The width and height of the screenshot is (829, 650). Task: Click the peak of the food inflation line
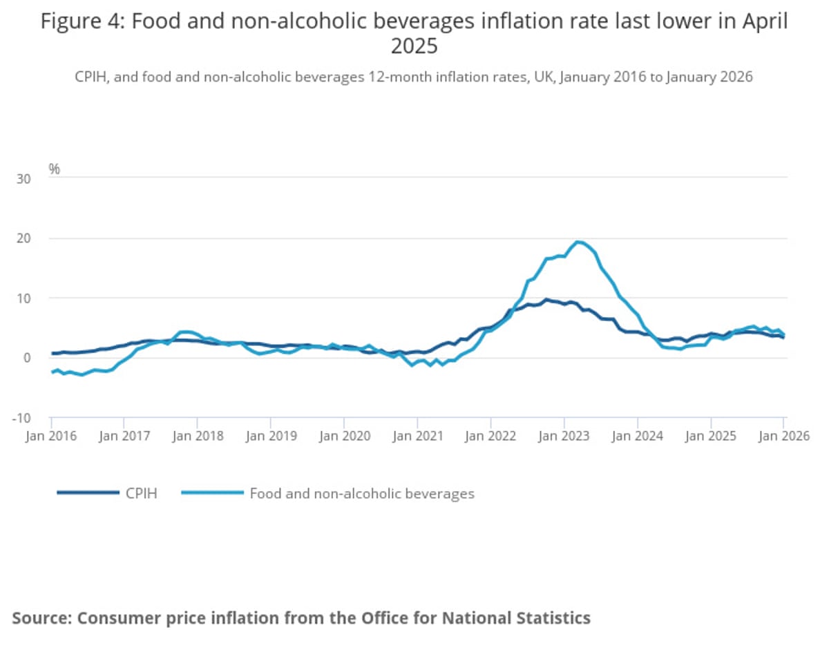[x=578, y=242]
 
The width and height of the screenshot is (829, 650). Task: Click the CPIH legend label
[x=141, y=493]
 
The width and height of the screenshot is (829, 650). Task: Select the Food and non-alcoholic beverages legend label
[x=361, y=493]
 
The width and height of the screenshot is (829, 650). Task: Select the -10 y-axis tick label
[x=21, y=417]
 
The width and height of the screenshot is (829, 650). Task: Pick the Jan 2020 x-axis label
[x=343, y=436]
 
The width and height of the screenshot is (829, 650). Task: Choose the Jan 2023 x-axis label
[x=564, y=436]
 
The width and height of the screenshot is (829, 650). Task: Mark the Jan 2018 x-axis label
[x=197, y=436]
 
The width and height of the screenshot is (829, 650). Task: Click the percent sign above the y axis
[x=54, y=169]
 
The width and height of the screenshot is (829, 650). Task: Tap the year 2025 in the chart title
[x=414, y=46]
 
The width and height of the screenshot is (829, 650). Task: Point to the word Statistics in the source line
[x=553, y=617]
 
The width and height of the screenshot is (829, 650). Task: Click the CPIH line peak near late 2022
[x=546, y=300]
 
